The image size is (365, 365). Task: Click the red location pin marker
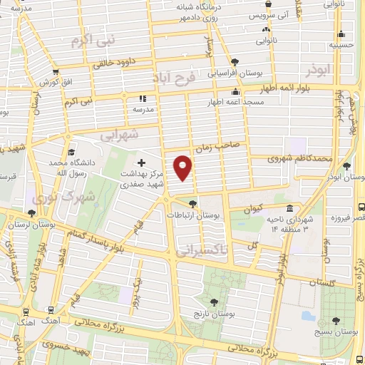click(183, 168)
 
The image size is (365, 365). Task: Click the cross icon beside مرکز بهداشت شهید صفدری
click(141, 163)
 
